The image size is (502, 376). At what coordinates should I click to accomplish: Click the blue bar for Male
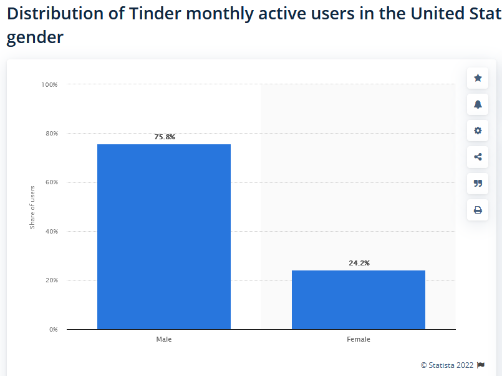pyautogui.click(x=164, y=237)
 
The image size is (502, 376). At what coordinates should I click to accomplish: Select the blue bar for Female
pyautogui.click(x=359, y=300)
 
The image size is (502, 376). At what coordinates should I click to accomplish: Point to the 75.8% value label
pyautogui.click(x=165, y=137)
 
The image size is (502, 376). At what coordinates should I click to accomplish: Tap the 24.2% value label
pyautogui.click(x=359, y=263)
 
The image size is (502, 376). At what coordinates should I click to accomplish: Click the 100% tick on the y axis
pyautogui.click(x=49, y=84)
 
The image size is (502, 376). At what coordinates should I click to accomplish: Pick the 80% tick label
pyautogui.click(x=52, y=133)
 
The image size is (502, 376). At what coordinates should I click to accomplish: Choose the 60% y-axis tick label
pyautogui.click(x=52, y=182)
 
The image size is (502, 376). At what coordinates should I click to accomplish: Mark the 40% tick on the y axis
pyautogui.click(x=52, y=232)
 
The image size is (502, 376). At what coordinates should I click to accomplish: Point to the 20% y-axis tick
pyautogui.click(x=52, y=280)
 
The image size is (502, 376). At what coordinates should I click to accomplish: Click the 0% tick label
pyautogui.click(x=54, y=330)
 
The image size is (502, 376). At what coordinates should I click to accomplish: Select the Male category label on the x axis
pyautogui.click(x=164, y=339)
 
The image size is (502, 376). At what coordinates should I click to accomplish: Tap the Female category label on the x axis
pyautogui.click(x=359, y=339)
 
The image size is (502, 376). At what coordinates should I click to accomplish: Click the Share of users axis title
pyautogui.click(x=32, y=207)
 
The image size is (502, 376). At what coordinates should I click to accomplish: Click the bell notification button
pyautogui.click(x=478, y=104)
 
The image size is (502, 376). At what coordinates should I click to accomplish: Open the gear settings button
pyautogui.click(x=478, y=131)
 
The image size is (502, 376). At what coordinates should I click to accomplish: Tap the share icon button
pyautogui.click(x=478, y=157)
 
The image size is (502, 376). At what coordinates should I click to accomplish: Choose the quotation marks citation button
pyautogui.click(x=478, y=184)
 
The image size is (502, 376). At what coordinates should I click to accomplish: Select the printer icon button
pyautogui.click(x=478, y=210)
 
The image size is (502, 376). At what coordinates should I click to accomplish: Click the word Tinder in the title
pyautogui.click(x=155, y=14)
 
